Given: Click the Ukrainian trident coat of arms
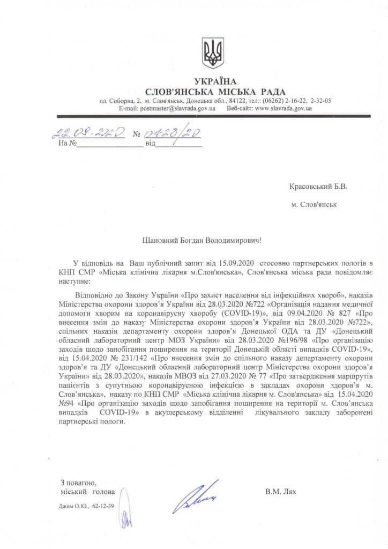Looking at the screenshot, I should [x=213, y=53].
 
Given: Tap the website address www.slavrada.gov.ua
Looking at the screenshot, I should [x=283, y=108].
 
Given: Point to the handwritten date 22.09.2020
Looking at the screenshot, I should [x=89, y=132].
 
